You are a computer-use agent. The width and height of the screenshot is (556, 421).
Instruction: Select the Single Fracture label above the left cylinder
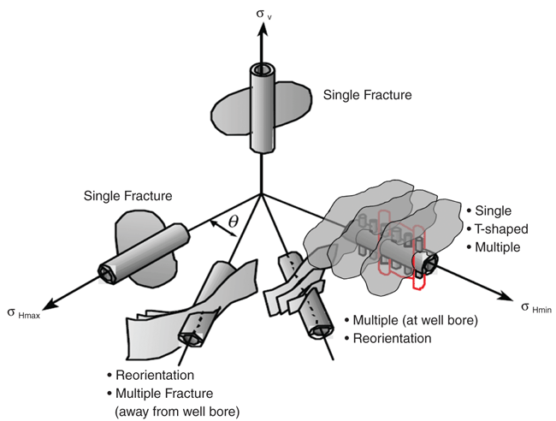tap(127, 196)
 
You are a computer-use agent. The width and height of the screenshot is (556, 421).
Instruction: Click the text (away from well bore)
tap(178, 409)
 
